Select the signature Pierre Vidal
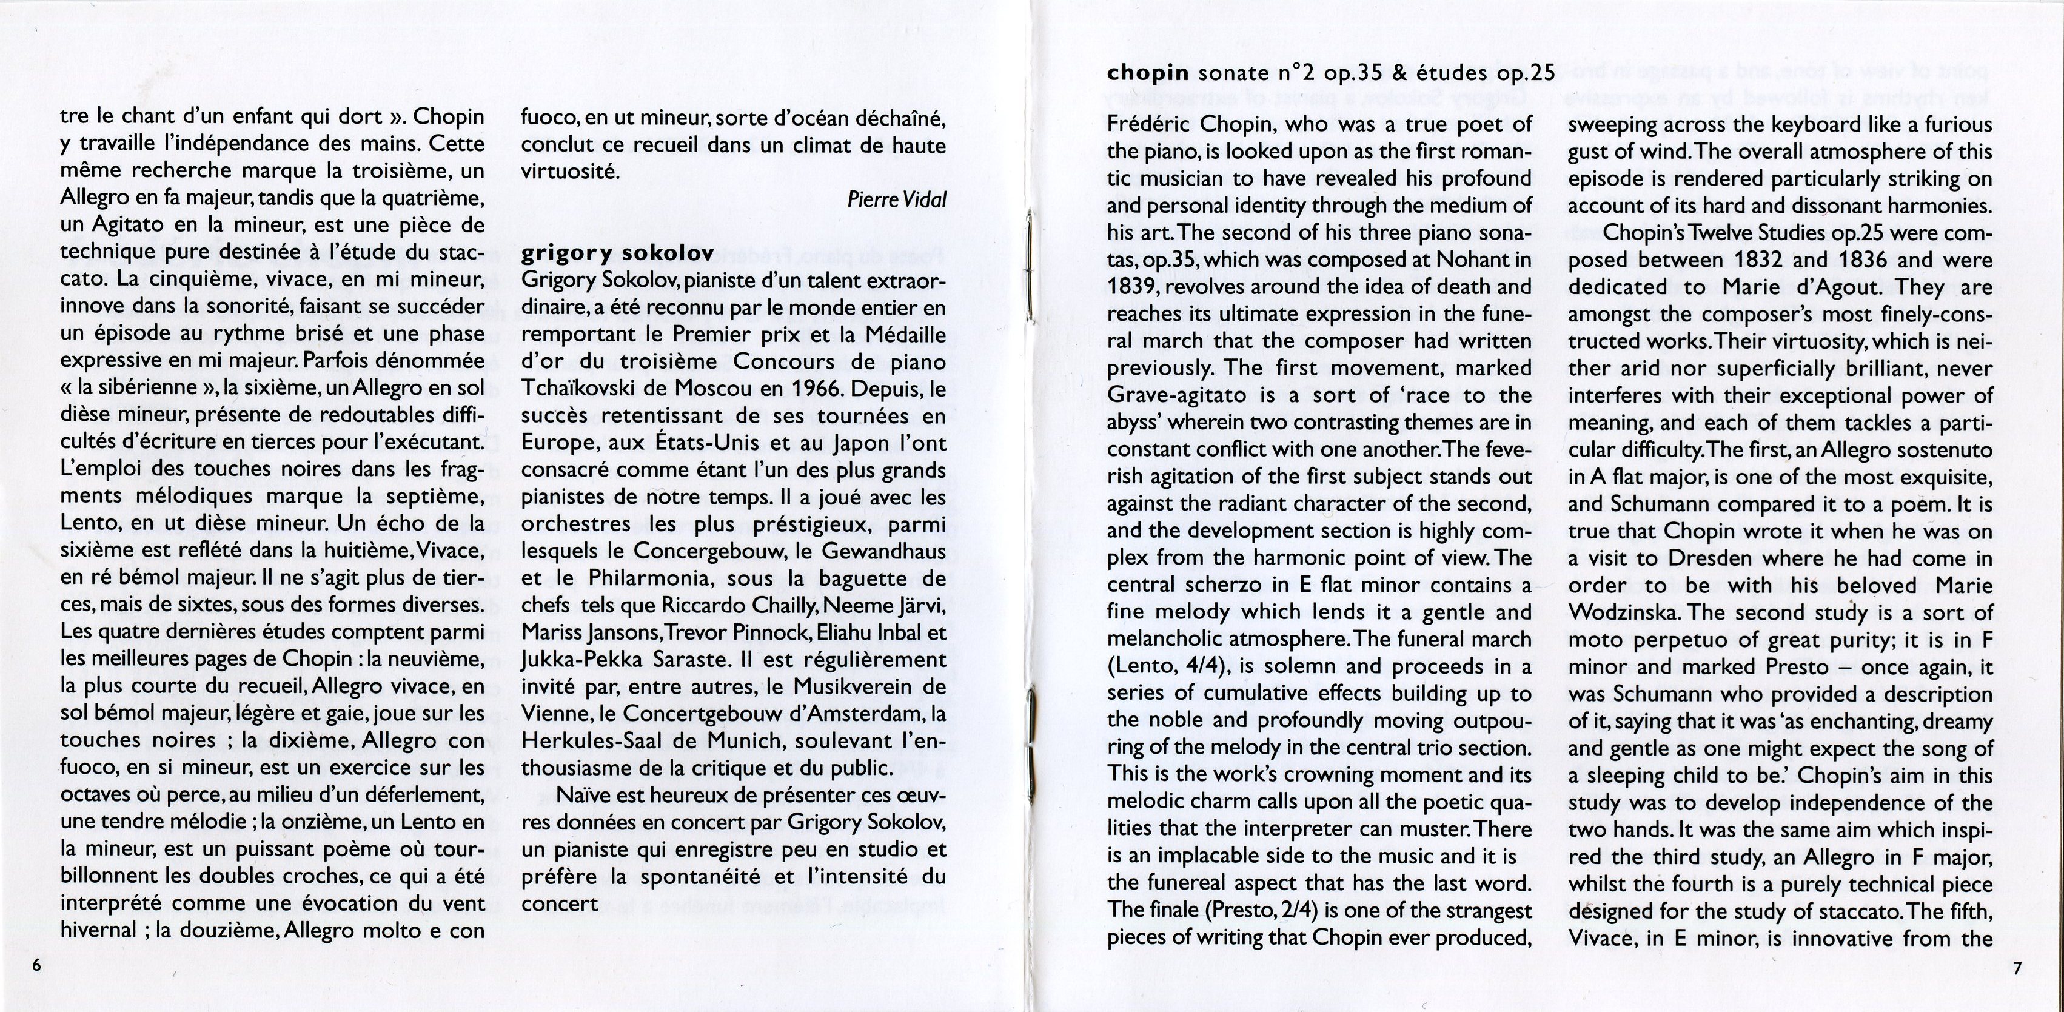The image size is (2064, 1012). point(897,199)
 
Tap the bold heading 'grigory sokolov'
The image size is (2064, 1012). point(617,254)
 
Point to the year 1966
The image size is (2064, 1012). point(817,389)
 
